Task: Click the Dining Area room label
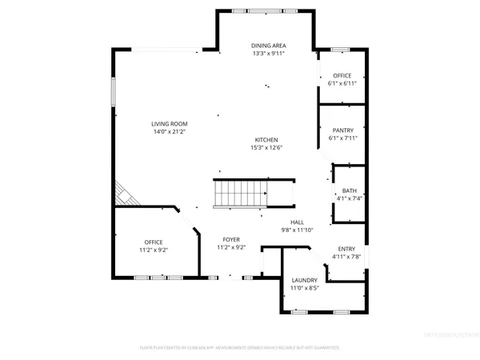click(x=268, y=46)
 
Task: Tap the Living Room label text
click(x=170, y=123)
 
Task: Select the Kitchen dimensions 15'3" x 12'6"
click(x=267, y=147)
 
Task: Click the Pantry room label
click(x=342, y=130)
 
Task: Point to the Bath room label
click(x=349, y=190)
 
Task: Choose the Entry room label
click(x=346, y=249)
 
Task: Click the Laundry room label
click(x=304, y=280)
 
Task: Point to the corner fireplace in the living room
click(x=124, y=194)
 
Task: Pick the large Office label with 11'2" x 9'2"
click(x=154, y=242)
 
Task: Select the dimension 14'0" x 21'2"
click(x=170, y=131)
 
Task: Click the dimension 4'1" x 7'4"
click(x=349, y=198)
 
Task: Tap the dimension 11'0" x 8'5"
click(x=304, y=288)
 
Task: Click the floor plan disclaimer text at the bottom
click(x=239, y=348)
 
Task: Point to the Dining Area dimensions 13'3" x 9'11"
click(x=268, y=54)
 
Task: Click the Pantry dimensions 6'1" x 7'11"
click(x=342, y=138)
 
